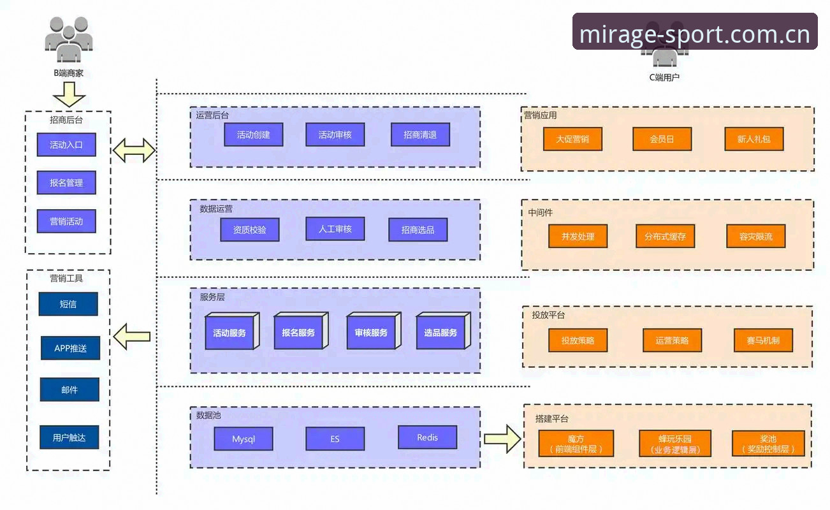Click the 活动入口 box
click(66, 145)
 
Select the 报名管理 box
click(66, 182)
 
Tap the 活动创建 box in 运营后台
click(254, 135)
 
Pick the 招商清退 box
click(420, 135)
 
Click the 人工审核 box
click(335, 229)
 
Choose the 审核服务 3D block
click(374, 331)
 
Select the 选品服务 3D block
click(443, 331)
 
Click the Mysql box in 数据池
click(244, 439)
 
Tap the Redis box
click(427, 437)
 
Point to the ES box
click(335, 439)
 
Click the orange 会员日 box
click(662, 139)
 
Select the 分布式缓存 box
click(665, 236)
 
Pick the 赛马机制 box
click(763, 340)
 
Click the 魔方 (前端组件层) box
click(576, 443)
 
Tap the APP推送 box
click(70, 348)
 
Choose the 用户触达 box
click(69, 437)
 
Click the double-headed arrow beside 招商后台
click(134, 150)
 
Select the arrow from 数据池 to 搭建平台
click(503, 439)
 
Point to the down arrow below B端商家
click(69, 94)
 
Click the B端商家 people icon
click(69, 40)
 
